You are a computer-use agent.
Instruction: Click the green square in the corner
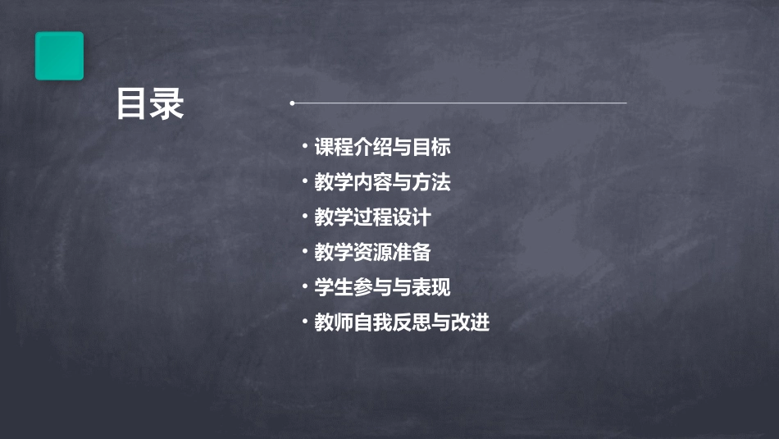[59, 56]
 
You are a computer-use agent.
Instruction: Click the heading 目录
[150, 105]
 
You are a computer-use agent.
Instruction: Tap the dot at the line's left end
[292, 103]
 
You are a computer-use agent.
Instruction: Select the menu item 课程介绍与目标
[382, 148]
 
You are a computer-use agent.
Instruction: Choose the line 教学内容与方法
[382, 182]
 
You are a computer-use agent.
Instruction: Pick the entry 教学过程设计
[372, 217]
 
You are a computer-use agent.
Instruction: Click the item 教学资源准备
[372, 253]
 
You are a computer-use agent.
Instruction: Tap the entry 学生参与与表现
[382, 288]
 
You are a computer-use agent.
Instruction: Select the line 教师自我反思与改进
[402, 322]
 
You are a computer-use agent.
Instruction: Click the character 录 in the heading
[168, 105]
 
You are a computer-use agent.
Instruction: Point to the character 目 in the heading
[132, 105]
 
